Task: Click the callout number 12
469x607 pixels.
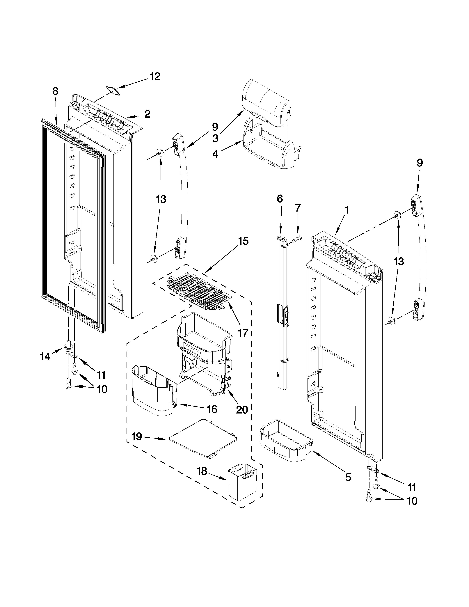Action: pos(155,77)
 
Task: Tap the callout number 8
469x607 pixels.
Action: pos(56,91)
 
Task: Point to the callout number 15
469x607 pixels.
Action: pos(243,241)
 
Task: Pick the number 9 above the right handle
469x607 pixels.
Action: pos(420,163)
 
